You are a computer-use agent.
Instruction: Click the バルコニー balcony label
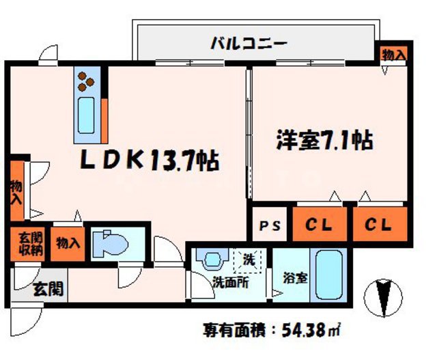[x=248, y=43]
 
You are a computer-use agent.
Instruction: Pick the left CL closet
[x=320, y=224]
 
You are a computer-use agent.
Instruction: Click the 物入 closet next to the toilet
[x=68, y=243]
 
